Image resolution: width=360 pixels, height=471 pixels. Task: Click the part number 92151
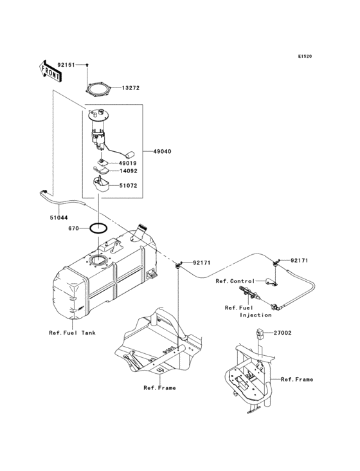click(x=67, y=65)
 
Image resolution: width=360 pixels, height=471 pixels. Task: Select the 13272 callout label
click(x=131, y=88)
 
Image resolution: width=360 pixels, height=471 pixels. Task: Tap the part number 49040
click(x=161, y=152)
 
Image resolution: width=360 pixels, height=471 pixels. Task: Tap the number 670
click(x=75, y=228)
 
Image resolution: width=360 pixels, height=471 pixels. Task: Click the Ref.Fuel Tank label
click(x=71, y=333)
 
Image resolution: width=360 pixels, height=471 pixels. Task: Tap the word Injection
click(x=255, y=315)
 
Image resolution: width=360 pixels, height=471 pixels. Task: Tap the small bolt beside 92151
click(x=87, y=66)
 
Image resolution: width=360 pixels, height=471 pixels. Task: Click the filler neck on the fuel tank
click(x=143, y=230)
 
